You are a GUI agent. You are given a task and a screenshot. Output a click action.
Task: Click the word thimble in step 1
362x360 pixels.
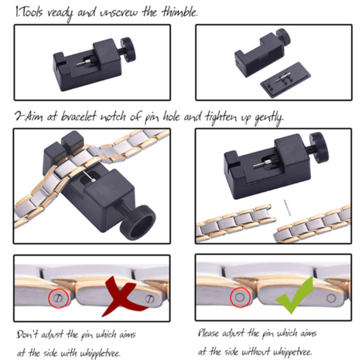click(179, 13)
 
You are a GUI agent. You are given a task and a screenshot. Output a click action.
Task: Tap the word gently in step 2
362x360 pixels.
click(268, 118)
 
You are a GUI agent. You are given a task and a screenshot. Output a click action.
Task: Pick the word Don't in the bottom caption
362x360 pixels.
click(29, 334)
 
